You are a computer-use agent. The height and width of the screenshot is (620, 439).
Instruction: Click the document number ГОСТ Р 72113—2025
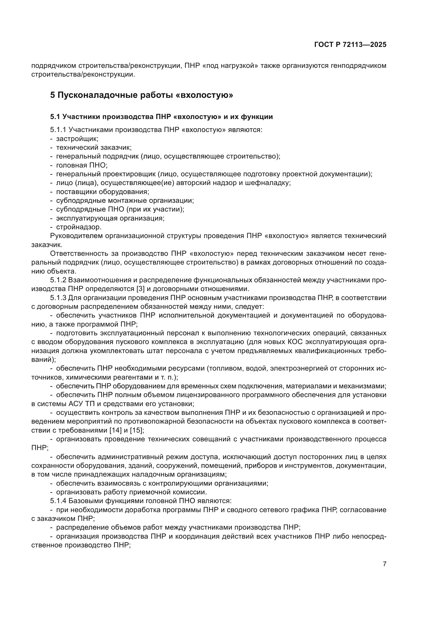pos(350,45)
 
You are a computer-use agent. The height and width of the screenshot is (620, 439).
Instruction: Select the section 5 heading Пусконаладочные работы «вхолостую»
pos(141,95)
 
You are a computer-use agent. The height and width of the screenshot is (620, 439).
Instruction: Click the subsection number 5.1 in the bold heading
pos(55,117)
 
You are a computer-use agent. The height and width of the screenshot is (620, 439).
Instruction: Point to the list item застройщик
pos(77,139)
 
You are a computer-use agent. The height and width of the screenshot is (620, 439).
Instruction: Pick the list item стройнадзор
pos(79,227)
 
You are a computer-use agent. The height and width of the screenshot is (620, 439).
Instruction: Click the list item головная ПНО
pos(82,165)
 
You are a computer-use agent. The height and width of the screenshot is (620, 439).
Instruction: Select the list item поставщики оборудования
pos(103,192)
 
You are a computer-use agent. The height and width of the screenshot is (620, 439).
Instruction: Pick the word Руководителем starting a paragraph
pos(76,236)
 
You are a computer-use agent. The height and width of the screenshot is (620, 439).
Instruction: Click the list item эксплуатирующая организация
pos(110,218)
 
